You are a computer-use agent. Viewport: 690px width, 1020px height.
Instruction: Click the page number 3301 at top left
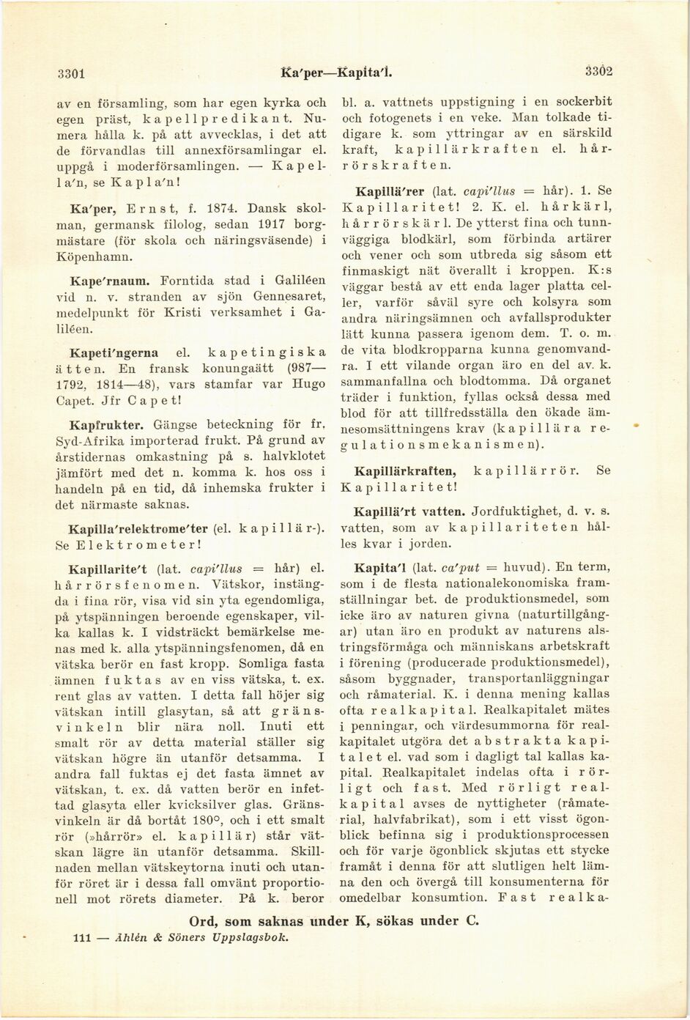pyautogui.click(x=73, y=73)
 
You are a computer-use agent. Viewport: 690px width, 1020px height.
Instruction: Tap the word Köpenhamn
pyautogui.click(x=94, y=257)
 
